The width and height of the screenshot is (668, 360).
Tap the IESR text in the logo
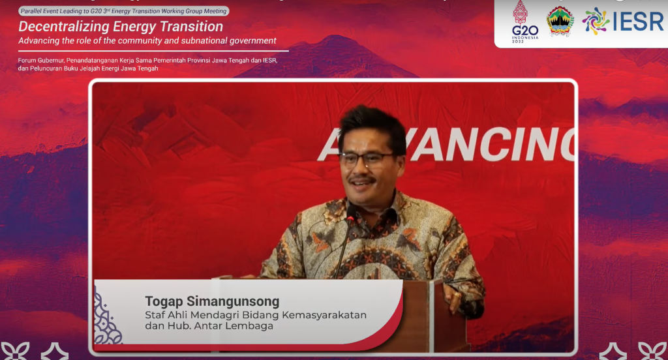tap(638, 22)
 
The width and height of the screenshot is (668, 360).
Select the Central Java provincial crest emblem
tap(560, 22)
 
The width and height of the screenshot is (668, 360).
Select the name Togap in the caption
tap(164, 302)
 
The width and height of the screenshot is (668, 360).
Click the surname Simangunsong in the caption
tap(233, 302)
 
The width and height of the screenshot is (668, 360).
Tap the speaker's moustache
tap(361, 179)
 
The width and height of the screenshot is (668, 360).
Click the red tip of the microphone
tap(350, 219)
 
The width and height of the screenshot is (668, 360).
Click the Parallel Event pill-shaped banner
tap(123, 11)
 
